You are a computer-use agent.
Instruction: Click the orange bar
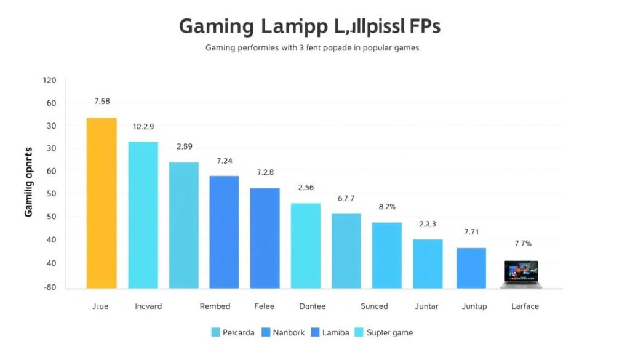point(102,203)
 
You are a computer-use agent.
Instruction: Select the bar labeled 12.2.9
point(143,215)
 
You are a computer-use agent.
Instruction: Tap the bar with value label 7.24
point(224,232)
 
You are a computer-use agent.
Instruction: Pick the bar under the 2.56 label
point(305,246)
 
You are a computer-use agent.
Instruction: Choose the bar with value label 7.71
point(471,268)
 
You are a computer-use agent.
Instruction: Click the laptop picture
point(520,274)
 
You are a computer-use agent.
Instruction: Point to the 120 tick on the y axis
point(49,81)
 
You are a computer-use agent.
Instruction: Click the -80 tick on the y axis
point(49,287)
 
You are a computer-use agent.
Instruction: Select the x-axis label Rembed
point(215,306)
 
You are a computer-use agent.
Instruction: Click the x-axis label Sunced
point(374,306)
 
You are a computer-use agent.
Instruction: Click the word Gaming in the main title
point(216,27)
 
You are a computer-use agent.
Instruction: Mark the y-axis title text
point(28,182)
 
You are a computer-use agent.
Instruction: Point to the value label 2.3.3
point(427,225)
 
